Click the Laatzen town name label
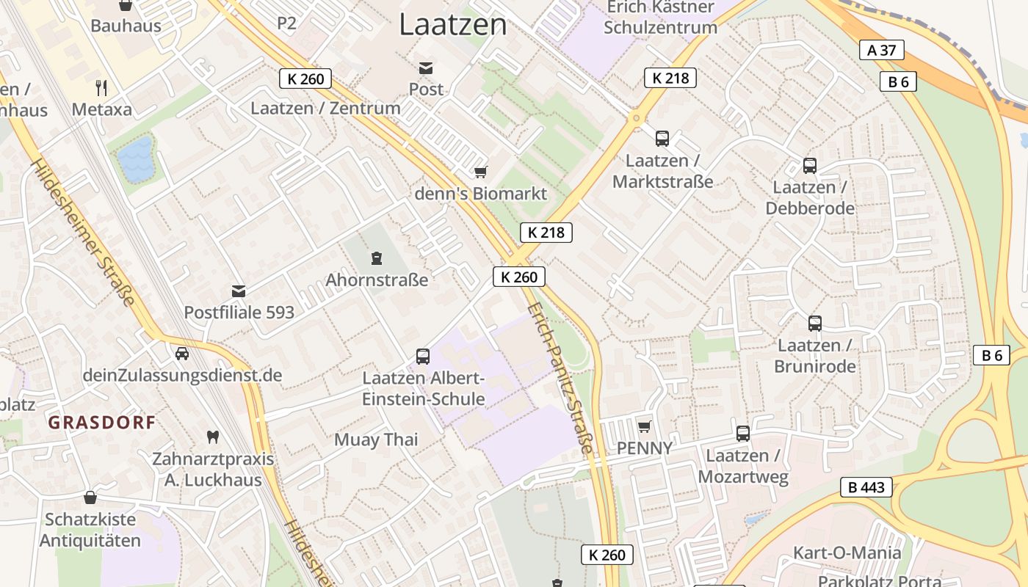click(x=453, y=25)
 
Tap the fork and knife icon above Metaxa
click(x=101, y=88)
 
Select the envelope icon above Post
click(x=426, y=68)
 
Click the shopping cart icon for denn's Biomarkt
click(x=481, y=172)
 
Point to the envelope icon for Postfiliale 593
click(x=239, y=291)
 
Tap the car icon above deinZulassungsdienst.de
click(x=182, y=354)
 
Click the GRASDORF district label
click(x=102, y=423)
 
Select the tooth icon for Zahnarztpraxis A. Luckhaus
click(x=213, y=437)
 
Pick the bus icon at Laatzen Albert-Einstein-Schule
click(x=423, y=357)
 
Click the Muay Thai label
click(x=376, y=440)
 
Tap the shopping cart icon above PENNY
click(x=645, y=426)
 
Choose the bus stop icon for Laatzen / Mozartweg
click(x=743, y=434)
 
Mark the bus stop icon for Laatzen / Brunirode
click(x=815, y=324)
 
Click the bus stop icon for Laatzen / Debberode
click(x=810, y=166)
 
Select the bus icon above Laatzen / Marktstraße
click(x=662, y=139)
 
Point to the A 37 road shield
click(x=881, y=50)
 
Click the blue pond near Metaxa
click(x=137, y=159)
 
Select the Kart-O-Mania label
click(x=847, y=553)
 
